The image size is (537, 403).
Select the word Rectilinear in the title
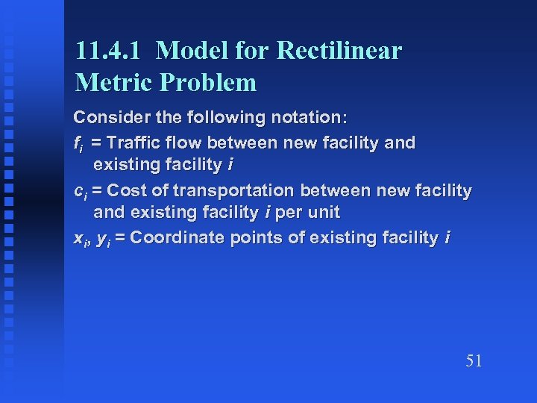coord(339,51)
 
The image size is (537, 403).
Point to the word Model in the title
coord(194,51)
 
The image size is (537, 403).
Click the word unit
coord(323,213)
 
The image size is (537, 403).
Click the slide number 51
coord(474,361)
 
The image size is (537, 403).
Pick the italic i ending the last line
coord(447,237)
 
